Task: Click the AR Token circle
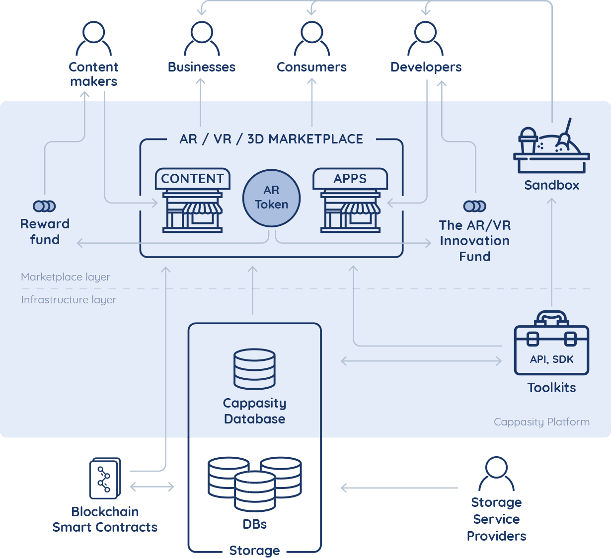271,198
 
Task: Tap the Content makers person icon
93,39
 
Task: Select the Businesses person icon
201,39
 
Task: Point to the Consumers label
311,67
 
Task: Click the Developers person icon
425,39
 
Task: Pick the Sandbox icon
551,146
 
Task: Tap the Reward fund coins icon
44,206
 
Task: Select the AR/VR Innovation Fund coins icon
474,206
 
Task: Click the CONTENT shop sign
192,179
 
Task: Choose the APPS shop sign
350,179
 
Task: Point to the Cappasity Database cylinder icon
254,369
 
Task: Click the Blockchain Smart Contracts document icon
105,478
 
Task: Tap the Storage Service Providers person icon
496,475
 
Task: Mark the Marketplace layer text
66,277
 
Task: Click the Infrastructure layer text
69,300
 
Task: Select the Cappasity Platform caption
541,422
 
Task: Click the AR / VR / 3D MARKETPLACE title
271,139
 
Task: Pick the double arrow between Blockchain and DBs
152,487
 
